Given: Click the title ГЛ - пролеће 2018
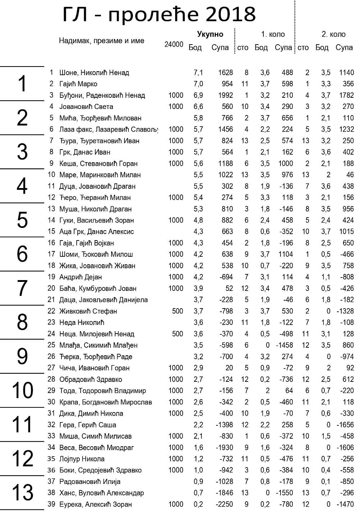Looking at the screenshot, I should click(x=159, y=15).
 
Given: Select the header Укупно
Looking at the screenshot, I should click(x=210, y=34).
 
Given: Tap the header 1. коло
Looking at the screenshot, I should click(x=273, y=34).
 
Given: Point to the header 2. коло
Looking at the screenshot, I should click(x=333, y=34).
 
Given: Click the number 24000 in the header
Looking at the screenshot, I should click(x=174, y=45).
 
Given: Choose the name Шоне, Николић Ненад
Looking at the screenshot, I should click(x=94, y=73).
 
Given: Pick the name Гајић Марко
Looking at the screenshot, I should click(x=78, y=84).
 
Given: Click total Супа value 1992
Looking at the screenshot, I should click(x=225, y=96).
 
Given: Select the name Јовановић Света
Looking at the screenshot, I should click(x=86, y=107).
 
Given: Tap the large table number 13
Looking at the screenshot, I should click(x=22, y=493).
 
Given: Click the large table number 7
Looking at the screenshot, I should click(x=22, y=288).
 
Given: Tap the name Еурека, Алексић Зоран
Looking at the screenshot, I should click(x=95, y=504).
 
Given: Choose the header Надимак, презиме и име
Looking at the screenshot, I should click(x=101, y=41).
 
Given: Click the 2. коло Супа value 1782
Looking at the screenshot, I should click(x=346, y=96).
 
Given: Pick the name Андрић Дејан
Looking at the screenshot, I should click(x=80, y=277).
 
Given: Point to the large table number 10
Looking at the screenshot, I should click(x=22, y=390).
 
